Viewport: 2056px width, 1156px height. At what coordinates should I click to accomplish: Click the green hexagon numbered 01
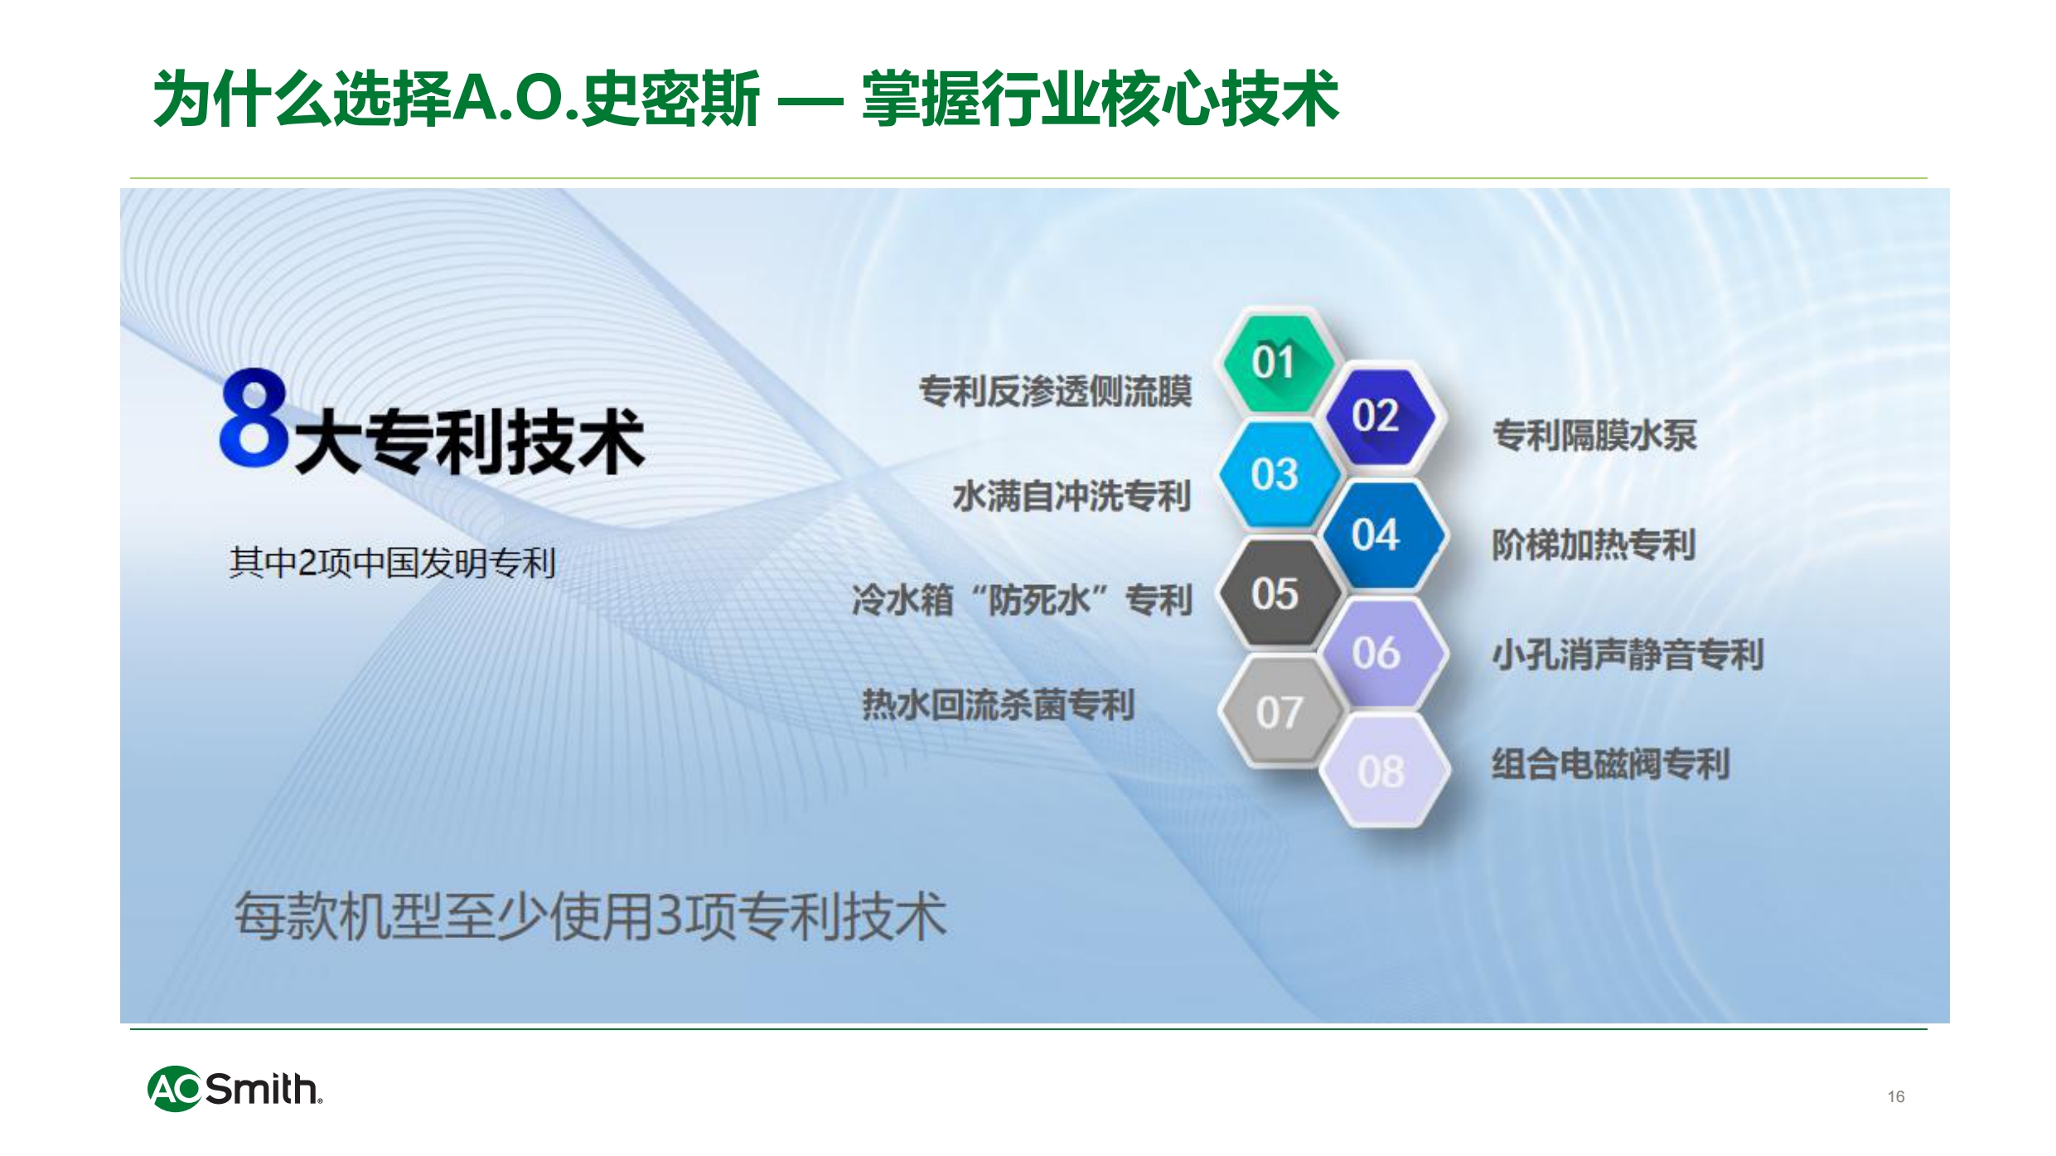tap(1275, 362)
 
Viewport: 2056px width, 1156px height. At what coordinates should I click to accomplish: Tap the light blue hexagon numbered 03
tap(1276, 475)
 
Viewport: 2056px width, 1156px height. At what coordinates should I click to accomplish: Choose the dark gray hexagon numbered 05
tap(1276, 593)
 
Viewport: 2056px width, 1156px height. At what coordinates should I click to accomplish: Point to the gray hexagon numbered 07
tap(1279, 712)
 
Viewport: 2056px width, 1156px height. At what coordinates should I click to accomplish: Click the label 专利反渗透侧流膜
tap(1056, 391)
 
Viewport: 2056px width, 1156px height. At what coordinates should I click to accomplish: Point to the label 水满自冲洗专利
tap(1072, 496)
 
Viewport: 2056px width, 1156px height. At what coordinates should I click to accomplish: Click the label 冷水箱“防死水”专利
tap(1023, 600)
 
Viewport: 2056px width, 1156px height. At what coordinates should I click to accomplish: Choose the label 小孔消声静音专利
tap(1628, 655)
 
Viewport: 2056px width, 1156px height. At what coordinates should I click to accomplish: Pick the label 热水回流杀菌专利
tap(999, 705)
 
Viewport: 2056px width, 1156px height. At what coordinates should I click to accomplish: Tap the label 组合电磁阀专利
tap(1611, 764)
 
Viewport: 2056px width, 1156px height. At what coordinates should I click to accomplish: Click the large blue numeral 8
tap(254, 418)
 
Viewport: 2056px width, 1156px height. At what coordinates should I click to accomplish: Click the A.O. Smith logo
tap(235, 1088)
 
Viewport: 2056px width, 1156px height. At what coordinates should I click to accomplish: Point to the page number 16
tap(1896, 1096)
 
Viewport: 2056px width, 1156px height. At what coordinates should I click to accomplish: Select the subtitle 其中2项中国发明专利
tap(392, 563)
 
